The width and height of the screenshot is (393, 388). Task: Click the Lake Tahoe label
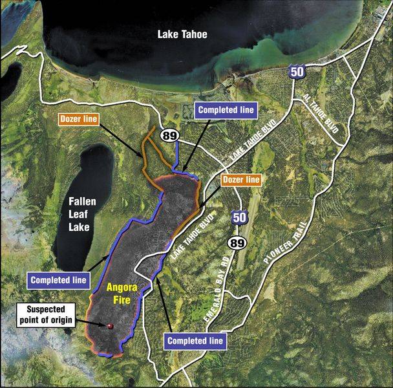point(182,34)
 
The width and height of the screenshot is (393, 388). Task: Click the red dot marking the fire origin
point(111,326)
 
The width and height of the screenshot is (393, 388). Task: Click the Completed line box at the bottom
point(196,339)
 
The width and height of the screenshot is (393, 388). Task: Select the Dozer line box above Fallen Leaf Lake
point(78,119)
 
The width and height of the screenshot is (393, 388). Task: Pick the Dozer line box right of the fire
point(241,178)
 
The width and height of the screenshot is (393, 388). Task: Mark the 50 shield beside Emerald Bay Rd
point(238,218)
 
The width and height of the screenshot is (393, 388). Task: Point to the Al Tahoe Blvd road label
point(321,114)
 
